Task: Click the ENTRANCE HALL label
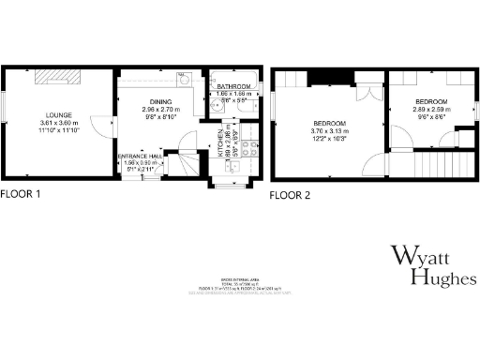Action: click(x=142, y=156)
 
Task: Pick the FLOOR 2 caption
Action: click(x=291, y=196)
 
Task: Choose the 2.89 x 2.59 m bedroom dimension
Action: click(x=432, y=110)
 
